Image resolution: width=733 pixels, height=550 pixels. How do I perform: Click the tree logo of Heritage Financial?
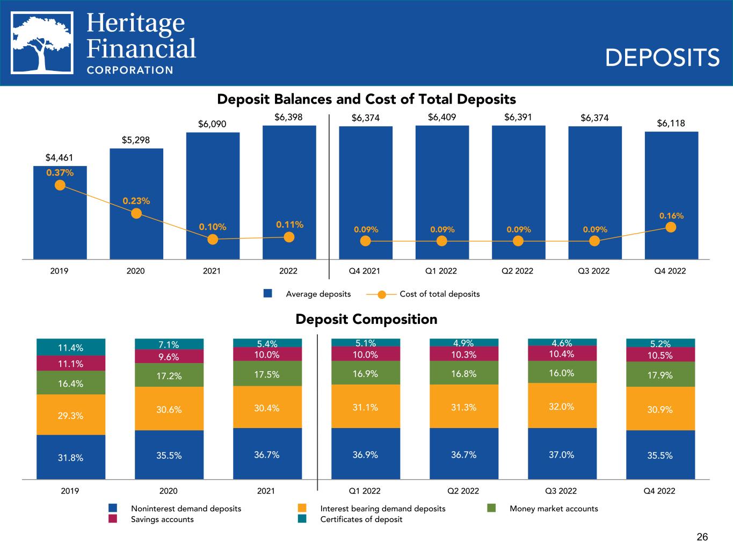click(42, 42)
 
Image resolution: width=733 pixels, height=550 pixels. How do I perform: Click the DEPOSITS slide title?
click(662, 57)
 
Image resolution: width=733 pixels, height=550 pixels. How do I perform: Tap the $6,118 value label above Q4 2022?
click(671, 123)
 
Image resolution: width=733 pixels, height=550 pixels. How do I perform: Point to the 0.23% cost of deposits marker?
click(136, 213)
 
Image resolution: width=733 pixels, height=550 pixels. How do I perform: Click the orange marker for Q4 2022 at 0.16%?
click(671, 227)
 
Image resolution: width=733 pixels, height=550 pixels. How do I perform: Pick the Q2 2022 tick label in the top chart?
click(517, 271)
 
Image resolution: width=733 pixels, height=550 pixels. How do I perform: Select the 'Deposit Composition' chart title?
click(366, 320)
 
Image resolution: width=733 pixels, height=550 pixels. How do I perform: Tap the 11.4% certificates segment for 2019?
click(71, 347)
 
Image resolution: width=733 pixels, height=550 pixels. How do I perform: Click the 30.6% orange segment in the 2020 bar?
click(169, 409)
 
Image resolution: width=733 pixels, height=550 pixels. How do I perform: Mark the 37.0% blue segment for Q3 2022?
click(562, 454)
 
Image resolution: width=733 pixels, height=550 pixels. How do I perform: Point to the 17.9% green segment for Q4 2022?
click(661, 374)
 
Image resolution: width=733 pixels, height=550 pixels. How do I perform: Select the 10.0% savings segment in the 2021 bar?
click(267, 354)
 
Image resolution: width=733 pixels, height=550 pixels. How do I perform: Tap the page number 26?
click(702, 537)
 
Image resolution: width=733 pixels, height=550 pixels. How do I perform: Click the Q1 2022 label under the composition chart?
click(365, 490)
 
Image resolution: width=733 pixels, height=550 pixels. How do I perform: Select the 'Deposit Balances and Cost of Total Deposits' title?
click(366, 99)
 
